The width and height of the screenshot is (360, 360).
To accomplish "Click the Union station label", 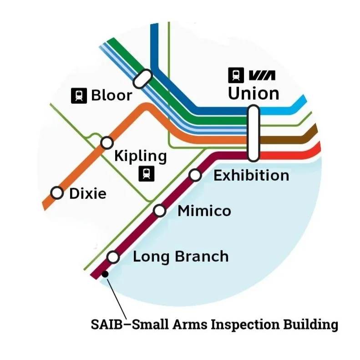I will [x=253, y=93].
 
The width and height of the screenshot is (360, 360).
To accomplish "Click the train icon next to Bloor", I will [x=80, y=96].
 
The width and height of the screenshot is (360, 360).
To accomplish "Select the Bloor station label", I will [x=112, y=96].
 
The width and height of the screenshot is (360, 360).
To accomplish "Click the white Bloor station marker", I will [x=142, y=78].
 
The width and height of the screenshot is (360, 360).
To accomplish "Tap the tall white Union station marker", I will [x=253, y=133].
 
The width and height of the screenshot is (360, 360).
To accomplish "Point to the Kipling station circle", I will [x=106, y=143].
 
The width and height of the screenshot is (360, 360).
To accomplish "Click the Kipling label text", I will [x=140, y=156].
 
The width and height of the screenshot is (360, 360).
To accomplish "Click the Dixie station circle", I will [x=57, y=193].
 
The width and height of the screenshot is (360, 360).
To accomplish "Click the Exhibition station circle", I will [x=195, y=175].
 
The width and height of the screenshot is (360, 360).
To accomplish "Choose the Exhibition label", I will [x=251, y=175].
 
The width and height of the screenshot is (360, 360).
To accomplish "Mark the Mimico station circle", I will [x=159, y=211].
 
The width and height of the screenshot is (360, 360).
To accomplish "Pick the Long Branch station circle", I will [x=113, y=258].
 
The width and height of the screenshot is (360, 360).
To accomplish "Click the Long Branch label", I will [x=180, y=257].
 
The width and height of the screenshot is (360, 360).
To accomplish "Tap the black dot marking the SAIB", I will [x=105, y=274].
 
